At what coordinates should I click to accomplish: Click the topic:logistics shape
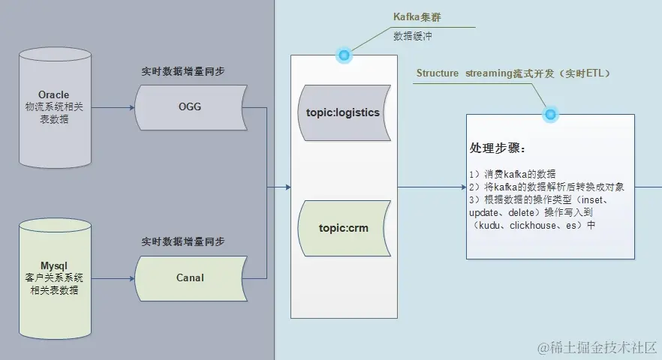coord(343,112)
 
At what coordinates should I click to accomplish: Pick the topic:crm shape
coord(343,228)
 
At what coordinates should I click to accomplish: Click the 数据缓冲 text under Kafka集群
coord(408,35)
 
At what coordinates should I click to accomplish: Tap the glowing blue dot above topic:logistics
coord(345,55)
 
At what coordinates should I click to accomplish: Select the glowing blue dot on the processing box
coord(550,115)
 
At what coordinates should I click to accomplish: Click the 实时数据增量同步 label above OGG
coord(183,71)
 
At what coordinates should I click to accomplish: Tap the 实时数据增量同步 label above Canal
coord(183,241)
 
